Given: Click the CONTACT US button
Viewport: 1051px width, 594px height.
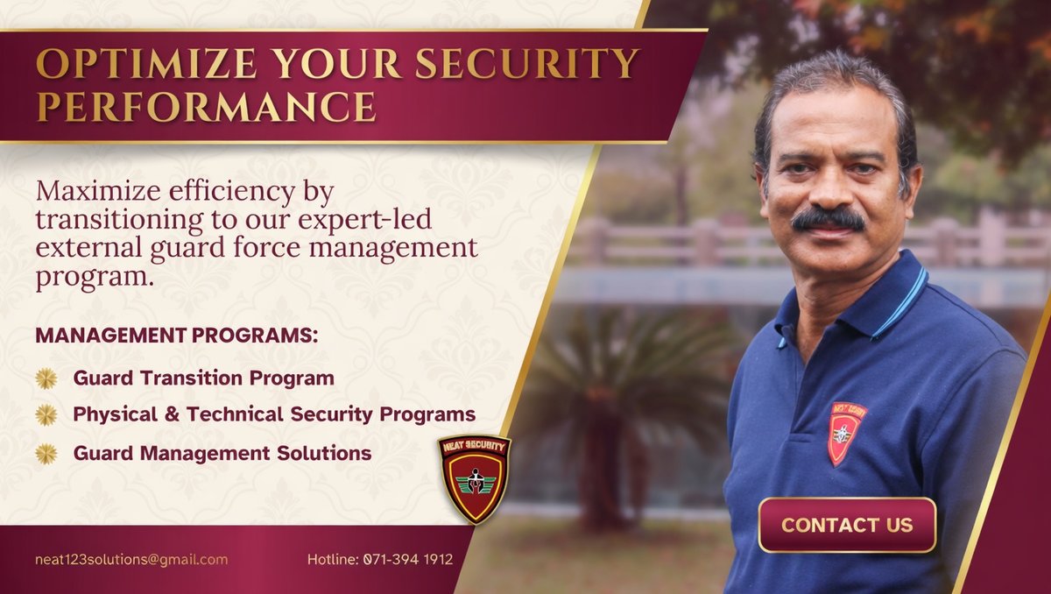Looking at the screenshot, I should [847, 525].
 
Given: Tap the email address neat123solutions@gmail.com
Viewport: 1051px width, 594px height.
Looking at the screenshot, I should [131, 559].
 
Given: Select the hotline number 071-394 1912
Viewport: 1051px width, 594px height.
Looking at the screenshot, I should [408, 559].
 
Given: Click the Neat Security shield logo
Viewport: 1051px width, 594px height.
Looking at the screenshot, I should [474, 478].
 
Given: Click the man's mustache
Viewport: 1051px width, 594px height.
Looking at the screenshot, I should [828, 219].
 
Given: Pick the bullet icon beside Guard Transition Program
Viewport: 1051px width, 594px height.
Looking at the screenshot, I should [46, 378].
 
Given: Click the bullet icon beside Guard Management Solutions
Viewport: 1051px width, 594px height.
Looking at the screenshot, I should [46, 453].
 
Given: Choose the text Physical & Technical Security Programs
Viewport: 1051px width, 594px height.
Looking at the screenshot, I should [274, 414].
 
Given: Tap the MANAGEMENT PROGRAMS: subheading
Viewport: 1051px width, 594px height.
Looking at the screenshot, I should [176, 336].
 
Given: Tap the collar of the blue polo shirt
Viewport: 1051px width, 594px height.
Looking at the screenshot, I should [885, 302].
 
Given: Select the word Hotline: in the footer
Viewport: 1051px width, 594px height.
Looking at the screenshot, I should [333, 559].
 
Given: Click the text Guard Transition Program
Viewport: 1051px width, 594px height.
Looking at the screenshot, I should [203, 378].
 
